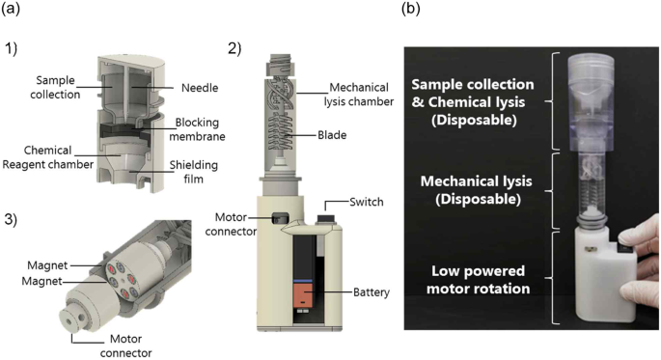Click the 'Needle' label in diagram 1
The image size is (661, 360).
200,88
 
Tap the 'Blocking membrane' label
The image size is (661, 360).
197,129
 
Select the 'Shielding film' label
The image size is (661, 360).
194,172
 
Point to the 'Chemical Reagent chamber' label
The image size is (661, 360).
47,157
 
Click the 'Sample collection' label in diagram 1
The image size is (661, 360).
55,87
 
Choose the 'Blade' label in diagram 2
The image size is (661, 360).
332,135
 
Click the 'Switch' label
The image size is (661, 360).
367,202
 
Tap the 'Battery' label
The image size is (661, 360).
371,292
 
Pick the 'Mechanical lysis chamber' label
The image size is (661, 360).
359,95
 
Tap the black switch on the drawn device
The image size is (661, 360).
326,218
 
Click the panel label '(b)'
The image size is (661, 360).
411,9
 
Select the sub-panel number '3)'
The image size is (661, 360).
11,220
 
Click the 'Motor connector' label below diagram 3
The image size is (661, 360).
125,346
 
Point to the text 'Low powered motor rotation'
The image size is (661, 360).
478,280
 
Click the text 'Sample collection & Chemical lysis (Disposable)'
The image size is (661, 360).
473,102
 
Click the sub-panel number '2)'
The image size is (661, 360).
234,49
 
